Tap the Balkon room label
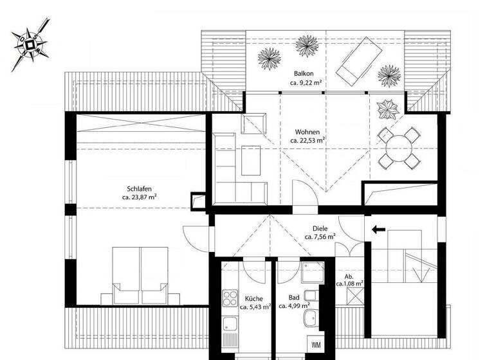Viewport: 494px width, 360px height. tap(305, 73)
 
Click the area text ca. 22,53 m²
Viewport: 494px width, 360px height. tap(307, 140)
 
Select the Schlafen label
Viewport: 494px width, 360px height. tap(139, 189)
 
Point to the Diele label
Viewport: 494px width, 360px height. tap(320, 228)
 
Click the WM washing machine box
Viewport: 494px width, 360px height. tap(316, 344)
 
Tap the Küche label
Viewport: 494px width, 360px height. tap(253, 298)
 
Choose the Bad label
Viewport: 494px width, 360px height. tap(295, 298)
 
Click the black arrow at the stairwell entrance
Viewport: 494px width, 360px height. tap(378, 228)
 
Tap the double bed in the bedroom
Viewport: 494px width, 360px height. tap(140, 276)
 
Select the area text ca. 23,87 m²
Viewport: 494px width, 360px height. tap(139, 198)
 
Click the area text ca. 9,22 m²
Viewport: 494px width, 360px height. tap(305, 82)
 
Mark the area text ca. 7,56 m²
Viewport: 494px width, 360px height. tap(320, 237)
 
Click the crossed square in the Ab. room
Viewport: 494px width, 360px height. tap(354, 297)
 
